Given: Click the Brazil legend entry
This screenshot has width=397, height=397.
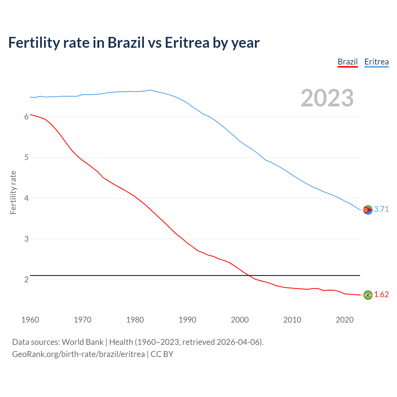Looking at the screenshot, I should point(347,62).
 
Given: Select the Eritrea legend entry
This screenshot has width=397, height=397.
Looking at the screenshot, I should point(376,62).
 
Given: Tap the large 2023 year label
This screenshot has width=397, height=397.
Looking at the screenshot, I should point(327,98).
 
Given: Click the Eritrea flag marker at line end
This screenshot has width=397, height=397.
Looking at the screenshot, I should point(368,210).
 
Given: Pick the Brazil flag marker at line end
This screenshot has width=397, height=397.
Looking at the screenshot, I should point(368,295).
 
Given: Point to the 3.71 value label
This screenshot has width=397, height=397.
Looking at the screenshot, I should point(381,209).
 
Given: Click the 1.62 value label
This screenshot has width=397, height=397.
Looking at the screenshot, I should point(381,294).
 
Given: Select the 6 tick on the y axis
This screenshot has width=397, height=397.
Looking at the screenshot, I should point(26,117).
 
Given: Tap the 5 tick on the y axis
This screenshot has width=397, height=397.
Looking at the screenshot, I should point(26,158).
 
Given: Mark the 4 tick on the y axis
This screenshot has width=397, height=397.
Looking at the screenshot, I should point(26,198).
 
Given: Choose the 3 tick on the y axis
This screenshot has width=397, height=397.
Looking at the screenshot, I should point(26,239).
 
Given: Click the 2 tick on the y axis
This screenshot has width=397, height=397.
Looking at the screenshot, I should point(26,280).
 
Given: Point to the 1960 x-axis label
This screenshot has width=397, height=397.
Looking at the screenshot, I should point(30,320).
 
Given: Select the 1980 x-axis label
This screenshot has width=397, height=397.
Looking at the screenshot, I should point(135,320).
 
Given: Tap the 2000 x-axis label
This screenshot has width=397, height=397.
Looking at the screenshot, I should point(240,320).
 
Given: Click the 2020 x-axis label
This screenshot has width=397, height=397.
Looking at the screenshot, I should point(345,320).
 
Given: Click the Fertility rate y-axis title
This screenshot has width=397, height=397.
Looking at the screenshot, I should point(13,192).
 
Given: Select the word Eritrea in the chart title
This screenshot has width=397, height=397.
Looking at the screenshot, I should point(187,42).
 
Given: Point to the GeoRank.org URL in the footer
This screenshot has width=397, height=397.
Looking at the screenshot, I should point(78,354).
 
